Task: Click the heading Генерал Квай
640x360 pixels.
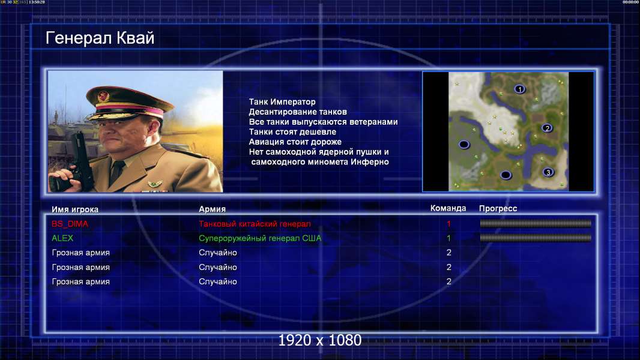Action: (100, 38)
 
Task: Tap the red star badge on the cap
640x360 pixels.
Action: (104, 97)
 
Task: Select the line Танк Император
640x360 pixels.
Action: (282, 102)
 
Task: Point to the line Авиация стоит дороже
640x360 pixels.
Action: (295, 142)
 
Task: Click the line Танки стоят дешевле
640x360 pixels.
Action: (292, 131)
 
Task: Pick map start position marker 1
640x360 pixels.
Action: (519, 89)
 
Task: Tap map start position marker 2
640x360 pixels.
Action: (547, 128)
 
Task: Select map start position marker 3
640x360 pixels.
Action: (548, 172)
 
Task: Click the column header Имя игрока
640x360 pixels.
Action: (75, 209)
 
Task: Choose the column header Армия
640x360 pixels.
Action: (213, 209)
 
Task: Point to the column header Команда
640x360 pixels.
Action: (448, 208)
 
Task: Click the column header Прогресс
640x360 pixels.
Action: (498, 208)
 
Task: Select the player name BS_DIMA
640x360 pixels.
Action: (70, 223)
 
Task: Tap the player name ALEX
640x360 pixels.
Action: (62, 238)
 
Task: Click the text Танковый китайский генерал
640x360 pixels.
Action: (255, 223)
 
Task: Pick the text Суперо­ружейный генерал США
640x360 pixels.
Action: (260, 238)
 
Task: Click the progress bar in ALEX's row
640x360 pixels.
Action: (536, 238)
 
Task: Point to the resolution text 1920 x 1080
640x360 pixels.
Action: (320, 340)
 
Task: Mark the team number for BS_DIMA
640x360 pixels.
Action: (448, 223)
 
